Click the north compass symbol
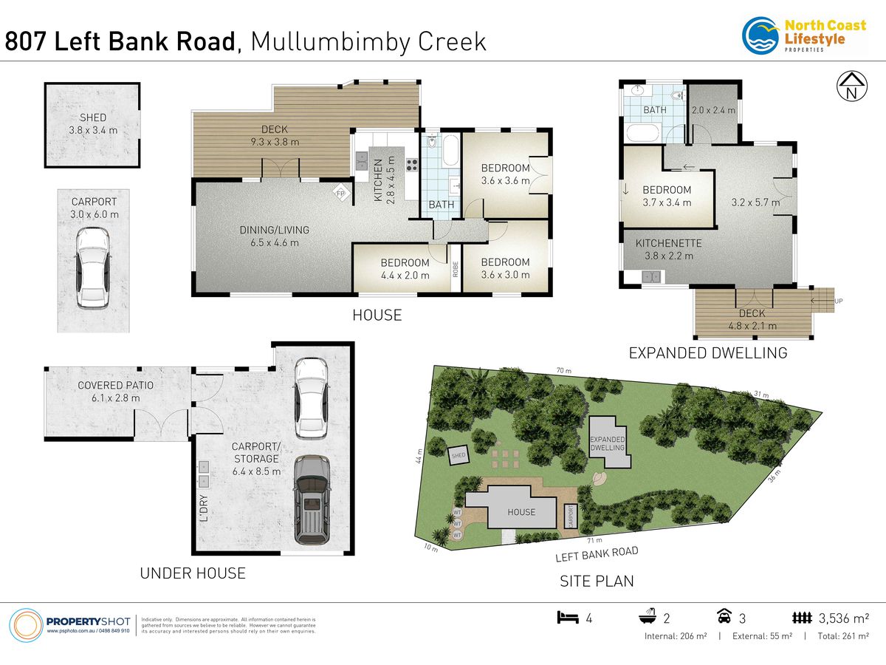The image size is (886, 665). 851,86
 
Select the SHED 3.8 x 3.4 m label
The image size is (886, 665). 93,123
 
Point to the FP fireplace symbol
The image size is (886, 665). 340,194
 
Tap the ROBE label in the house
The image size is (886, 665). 456,270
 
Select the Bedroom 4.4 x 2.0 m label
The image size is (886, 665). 405,268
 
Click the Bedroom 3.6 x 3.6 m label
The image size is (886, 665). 505,174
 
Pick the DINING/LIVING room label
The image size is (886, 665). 274,236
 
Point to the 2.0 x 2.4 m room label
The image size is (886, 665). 713,110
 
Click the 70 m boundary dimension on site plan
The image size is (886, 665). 565,369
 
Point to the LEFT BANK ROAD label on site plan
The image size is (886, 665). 597,553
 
